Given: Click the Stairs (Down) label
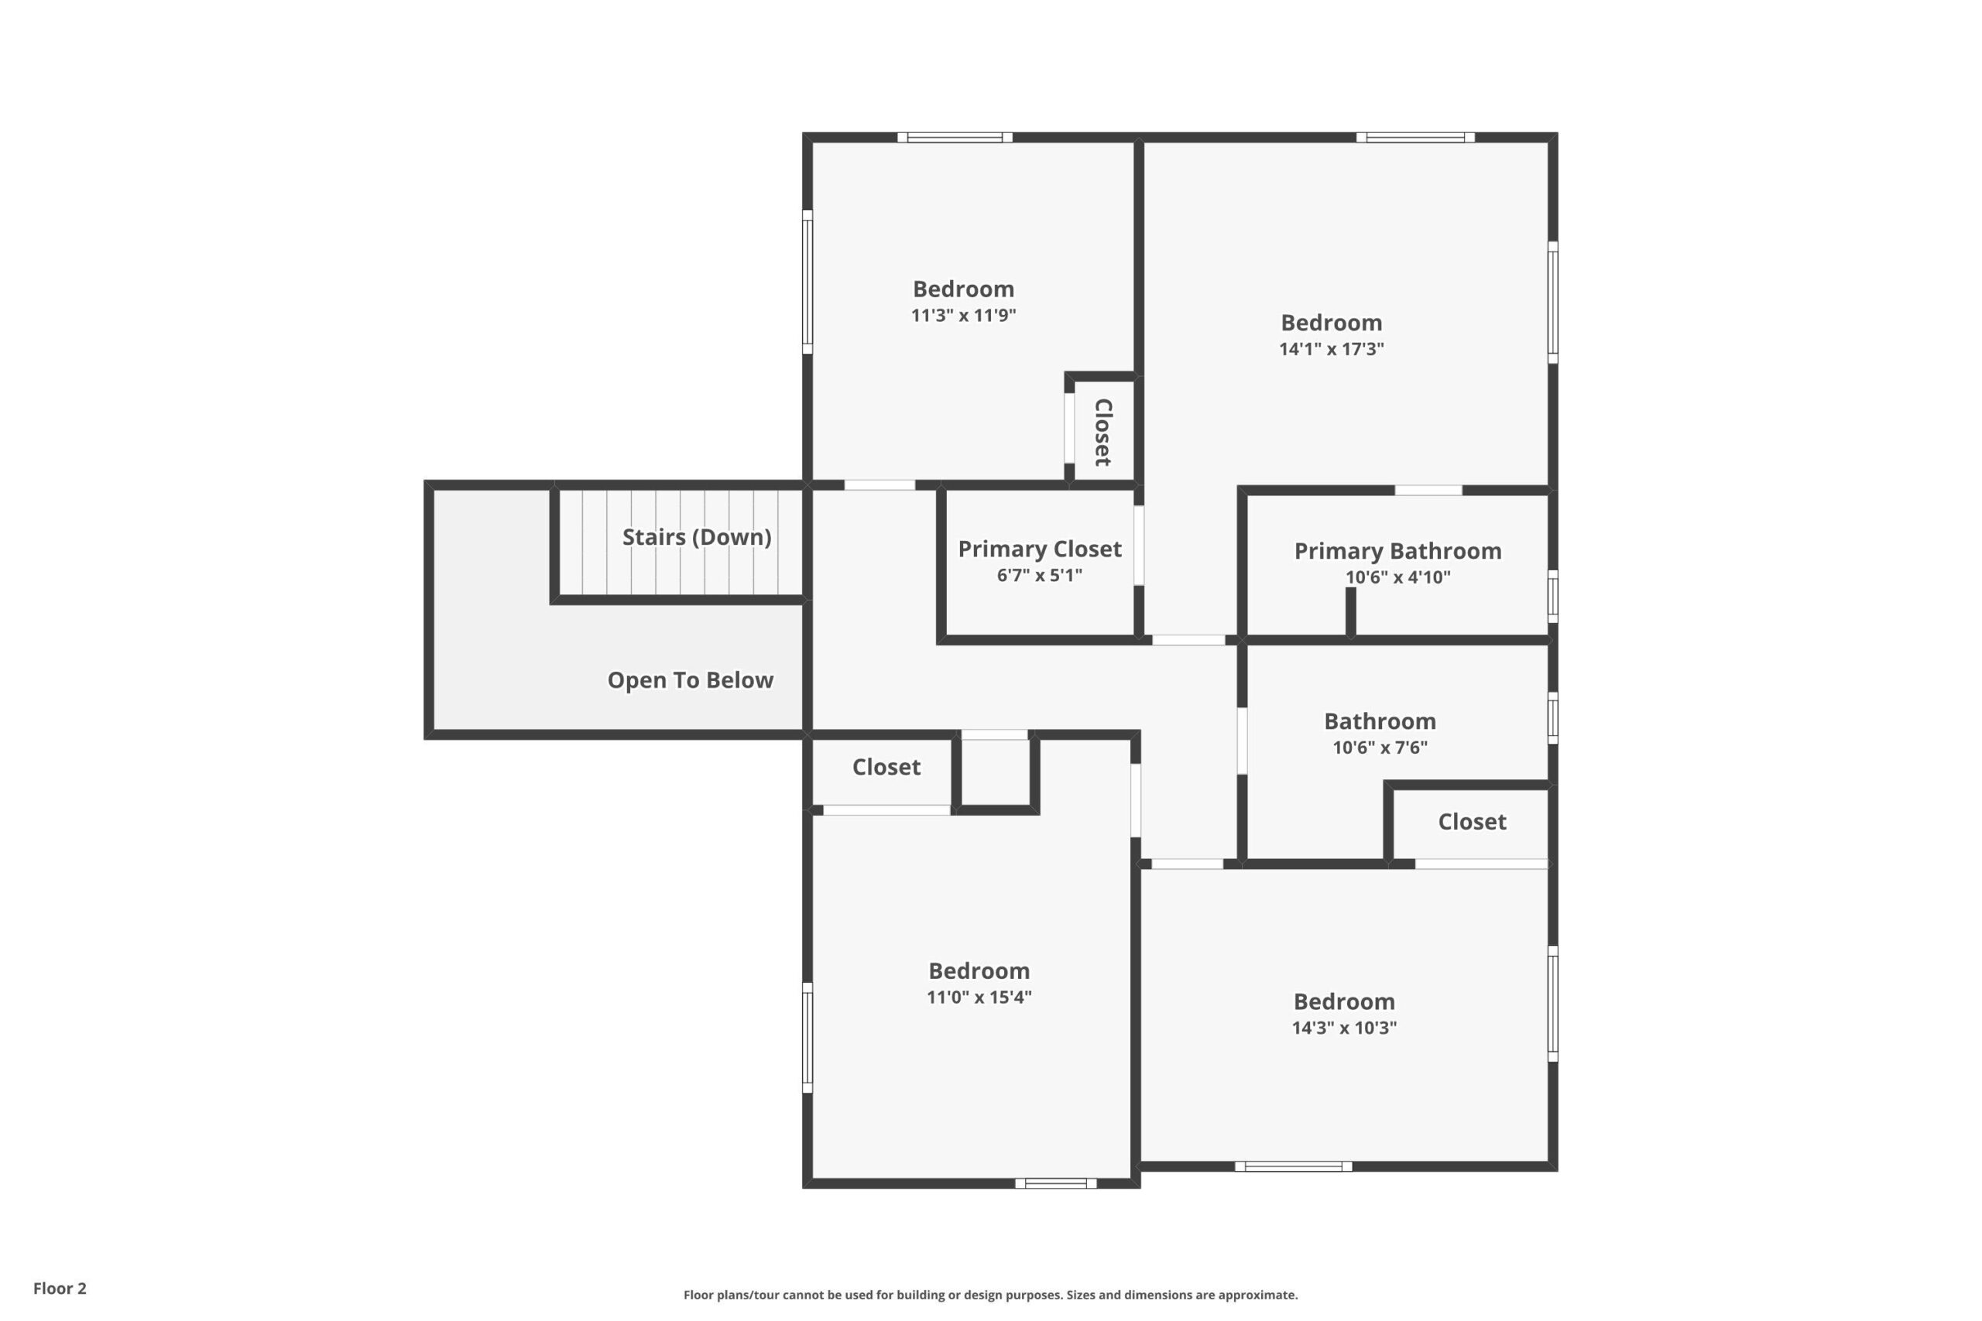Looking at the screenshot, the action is click(x=697, y=538).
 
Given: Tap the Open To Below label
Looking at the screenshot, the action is click(x=690, y=680).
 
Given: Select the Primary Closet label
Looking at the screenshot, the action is click(x=1040, y=550).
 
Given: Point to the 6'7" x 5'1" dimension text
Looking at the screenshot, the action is click(x=1040, y=576).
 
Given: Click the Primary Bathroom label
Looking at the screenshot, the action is click(x=1398, y=552).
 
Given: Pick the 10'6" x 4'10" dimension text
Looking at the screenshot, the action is click(x=1398, y=577).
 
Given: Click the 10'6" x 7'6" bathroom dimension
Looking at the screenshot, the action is click(x=1380, y=748).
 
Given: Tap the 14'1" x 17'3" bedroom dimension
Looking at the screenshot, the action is click(x=1332, y=349).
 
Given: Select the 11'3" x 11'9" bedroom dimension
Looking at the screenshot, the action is click(x=963, y=315).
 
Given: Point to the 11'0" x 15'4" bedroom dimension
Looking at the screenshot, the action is click(x=979, y=997).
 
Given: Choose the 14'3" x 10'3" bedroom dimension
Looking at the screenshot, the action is click(x=1344, y=1028).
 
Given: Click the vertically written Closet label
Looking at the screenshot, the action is click(x=1103, y=432).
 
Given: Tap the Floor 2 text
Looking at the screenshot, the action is click(x=60, y=1288).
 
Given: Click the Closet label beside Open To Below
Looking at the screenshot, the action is click(x=886, y=768).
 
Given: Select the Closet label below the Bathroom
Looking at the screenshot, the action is click(x=1472, y=823).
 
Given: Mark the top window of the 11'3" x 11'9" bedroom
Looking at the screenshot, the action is click(x=955, y=137).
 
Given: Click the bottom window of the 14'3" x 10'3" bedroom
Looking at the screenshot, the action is click(x=1294, y=1167).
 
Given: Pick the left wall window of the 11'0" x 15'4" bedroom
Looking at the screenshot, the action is click(x=808, y=1038).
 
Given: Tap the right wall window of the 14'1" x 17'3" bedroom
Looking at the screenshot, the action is click(x=1553, y=303).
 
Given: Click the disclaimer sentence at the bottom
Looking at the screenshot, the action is click(x=991, y=1295).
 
